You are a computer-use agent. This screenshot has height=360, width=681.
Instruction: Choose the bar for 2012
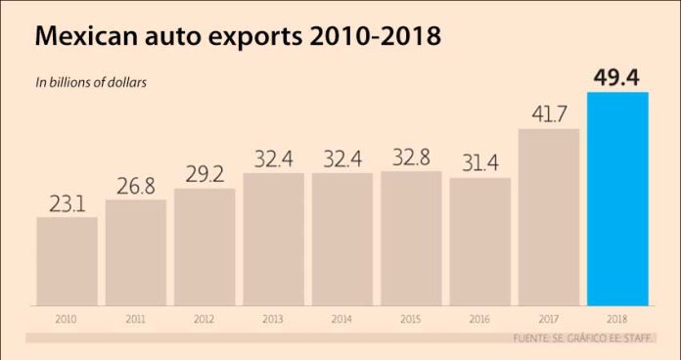pyautogui.click(x=204, y=247)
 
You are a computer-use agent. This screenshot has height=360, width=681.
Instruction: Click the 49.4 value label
pyautogui.click(x=617, y=77)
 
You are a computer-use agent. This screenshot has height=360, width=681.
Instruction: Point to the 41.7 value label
pyautogui.click(x=549, y=114)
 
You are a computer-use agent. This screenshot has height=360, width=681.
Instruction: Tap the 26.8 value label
pyautogui.click(x=135, y=186)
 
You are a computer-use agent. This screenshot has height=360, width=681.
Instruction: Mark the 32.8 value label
pyautogui.click(x=411, y=157)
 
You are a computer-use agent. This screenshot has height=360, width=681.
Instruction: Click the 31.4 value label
pyautogui.click(x=480, y=163)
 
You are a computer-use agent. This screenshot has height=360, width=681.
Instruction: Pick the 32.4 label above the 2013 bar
pyautogui.click(x=273, y=158)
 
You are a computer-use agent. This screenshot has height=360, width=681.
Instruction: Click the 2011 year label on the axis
pyautogui.click(x=135, y=320)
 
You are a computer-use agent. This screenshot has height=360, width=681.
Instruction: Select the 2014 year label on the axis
pyautogui.click(x=341, y=320)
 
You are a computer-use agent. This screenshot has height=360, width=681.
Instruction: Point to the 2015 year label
pyautogui.click(x=411, y=320)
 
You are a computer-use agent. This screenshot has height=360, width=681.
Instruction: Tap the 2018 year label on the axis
pyautogui.click(x=617, y=320)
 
